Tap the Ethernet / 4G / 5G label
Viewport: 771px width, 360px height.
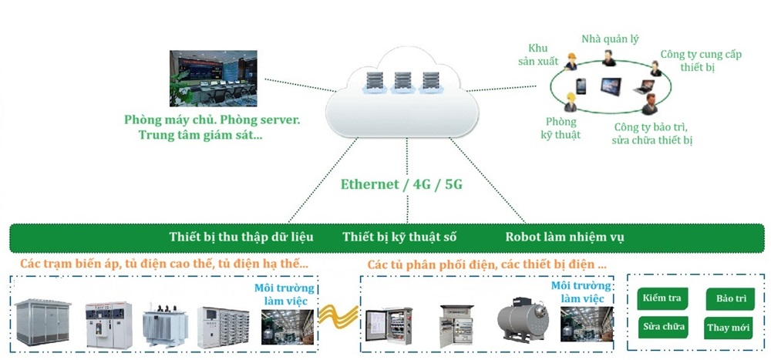[x=396, y=186]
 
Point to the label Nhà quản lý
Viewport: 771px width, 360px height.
[x=610, y=39]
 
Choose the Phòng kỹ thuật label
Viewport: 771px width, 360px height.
[x=561, y=129]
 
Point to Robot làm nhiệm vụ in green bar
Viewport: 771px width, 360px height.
[x=564, y=237]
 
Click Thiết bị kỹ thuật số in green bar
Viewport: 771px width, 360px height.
[x=403, y=237]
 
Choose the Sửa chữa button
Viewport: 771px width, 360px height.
[x=664, y=327]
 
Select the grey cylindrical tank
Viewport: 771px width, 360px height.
[x=523, y=320]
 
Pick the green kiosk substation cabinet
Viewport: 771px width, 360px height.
[x=44, y=321]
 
